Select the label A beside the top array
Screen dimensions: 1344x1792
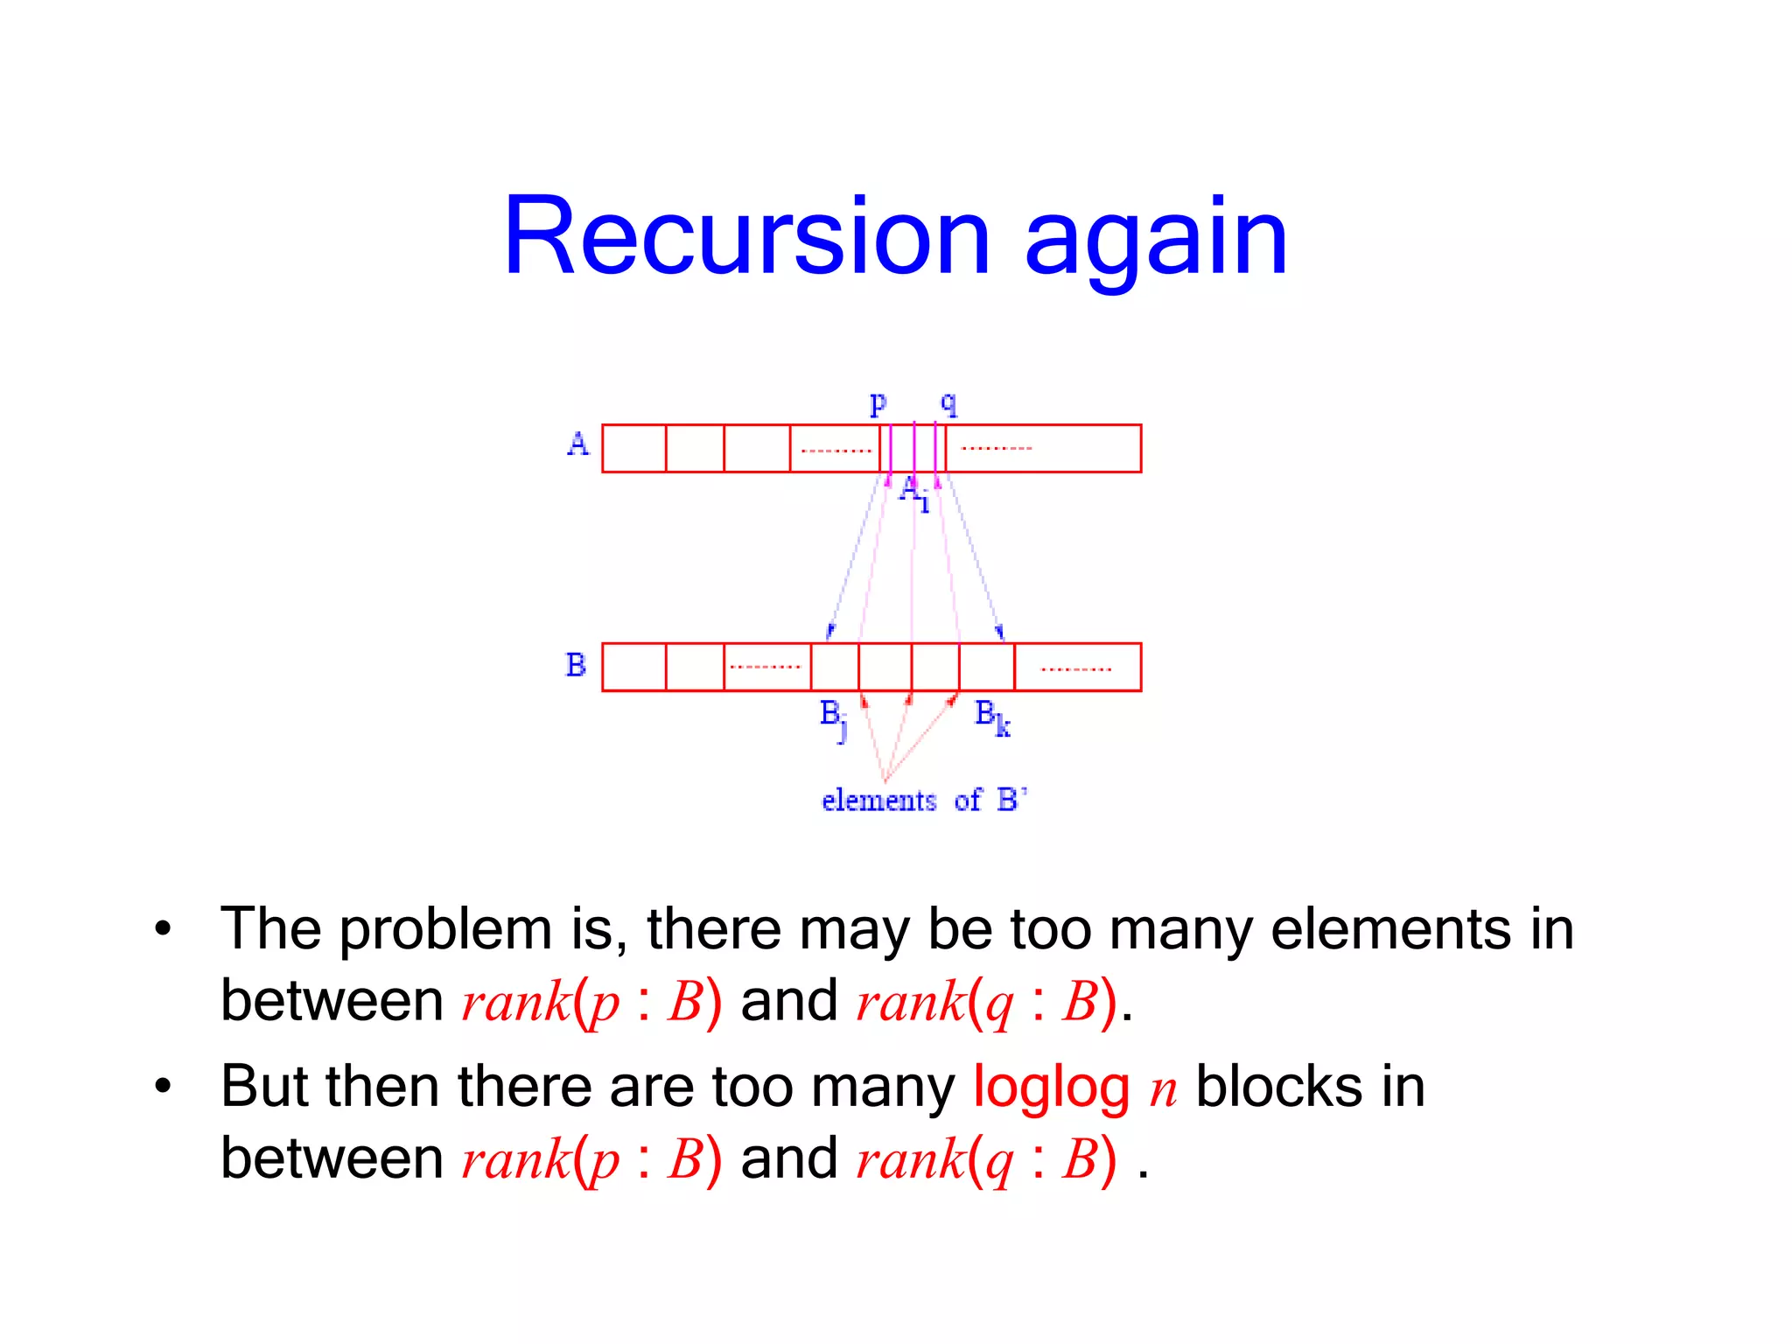pyautogui.click(x=578, y=444)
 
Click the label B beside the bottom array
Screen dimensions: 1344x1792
pyautogui.click(x=575, y=665)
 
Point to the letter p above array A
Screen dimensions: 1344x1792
pyautogui.click(x=878, y=404)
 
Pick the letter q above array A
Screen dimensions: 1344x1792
pyautogui.click(x=949, y=404)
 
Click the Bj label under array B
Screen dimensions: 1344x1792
pyautogui.click(x=833, y=718)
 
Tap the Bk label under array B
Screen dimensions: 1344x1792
pyautogui.click(x=992, y=717)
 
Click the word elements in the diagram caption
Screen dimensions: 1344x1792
pyautogui.click(x=878, y=801)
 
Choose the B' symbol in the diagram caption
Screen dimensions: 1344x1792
pyautogui.click(x=1011, y=800)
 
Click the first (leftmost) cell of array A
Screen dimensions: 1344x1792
pyautogui.click(x=634, y=448)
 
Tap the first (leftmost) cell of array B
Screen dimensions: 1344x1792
pyautogui.click(x=634, y=667)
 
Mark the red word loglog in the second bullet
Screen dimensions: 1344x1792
pyautogui.click(x=1051, y=1088)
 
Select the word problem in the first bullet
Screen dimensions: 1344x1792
pyautogui.click(x=445, y=930)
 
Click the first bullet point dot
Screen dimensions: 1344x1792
pyautogui.click(x=163, y=929)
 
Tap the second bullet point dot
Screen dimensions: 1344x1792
pyautogui.click(x=163, y=1087)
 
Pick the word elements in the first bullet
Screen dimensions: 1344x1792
pyautogui.click(x=1390, y=929)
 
